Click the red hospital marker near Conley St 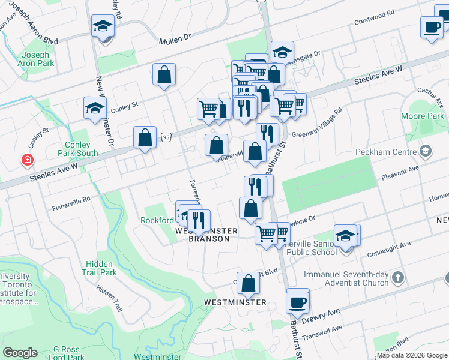(27, 160)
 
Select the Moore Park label (430, 115)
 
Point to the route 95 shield (166, 137)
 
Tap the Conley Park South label (79, 149)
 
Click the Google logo (20, 353)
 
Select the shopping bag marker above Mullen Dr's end (164, 74)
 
